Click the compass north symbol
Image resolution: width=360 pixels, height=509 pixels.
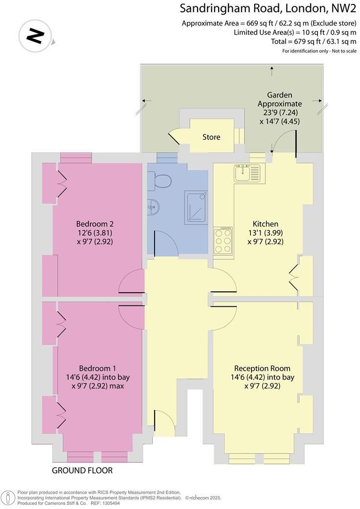coord(36,36)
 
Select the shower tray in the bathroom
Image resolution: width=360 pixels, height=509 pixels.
coord(196,208)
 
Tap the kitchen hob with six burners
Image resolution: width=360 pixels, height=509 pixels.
coord(223,241)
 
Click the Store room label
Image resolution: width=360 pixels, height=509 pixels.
coord(211,137)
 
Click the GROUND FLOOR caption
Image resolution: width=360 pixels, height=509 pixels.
coord(82,470)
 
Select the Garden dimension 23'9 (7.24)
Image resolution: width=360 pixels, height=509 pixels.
coord(280,113)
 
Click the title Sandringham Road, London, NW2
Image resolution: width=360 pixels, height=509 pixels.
coord(268,8)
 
